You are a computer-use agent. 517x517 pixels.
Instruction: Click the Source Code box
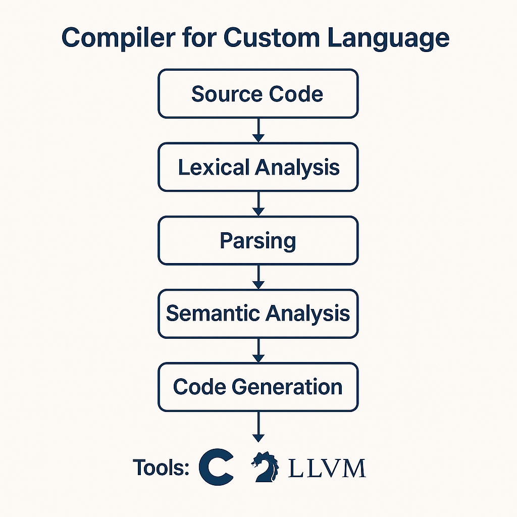click(258, 94)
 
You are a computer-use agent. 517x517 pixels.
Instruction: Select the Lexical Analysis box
click(258, 167)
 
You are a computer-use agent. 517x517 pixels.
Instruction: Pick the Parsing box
click(258, 240)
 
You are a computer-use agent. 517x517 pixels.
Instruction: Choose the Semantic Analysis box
click(258, 314)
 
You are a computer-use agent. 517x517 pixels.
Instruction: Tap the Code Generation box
click(258, 387)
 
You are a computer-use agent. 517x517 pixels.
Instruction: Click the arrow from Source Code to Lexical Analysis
click(258, 130)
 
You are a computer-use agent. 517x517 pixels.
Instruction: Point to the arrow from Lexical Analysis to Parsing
click(258, 203)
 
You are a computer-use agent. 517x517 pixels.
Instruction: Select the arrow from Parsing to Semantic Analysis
click(258, 277)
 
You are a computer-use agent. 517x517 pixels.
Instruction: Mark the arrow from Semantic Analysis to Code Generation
click(258, 350)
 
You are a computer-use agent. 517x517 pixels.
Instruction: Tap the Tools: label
click(161, 468)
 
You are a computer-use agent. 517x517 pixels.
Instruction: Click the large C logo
click(217, 468)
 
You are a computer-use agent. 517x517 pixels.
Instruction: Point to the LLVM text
click(327, 469)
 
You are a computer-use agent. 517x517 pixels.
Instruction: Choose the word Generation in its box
click(287, 387)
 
